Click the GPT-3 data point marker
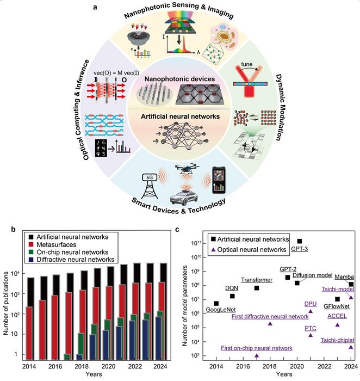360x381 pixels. (x=300, y=241)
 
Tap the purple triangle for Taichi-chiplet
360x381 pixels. (x=351, y=347)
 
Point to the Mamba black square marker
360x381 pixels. (x=351, y=284)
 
